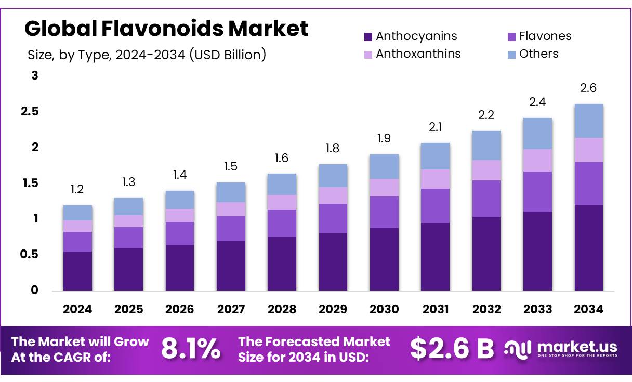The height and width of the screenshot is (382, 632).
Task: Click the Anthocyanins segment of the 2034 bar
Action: pyautogui.click(x=588, y=247)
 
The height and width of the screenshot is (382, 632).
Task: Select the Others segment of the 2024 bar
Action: pyautogui.click(x=77, y=213)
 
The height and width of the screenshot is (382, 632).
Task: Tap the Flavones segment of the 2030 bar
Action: pyautogui.click(x=384, y=212)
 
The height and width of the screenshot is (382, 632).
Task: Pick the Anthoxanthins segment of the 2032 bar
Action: pyautogui.click(x=486, y=170)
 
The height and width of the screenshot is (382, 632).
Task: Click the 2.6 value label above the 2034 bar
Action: pyautogui.click(x=588, y=88)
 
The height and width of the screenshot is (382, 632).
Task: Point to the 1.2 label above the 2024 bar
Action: pyautogui.click(x=77, y=190)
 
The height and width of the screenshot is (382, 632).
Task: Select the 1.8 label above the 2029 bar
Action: pyautogui.click(x=333, y=149)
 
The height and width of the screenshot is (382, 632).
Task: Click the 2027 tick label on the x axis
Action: pyautogui.click(x=231, y=309)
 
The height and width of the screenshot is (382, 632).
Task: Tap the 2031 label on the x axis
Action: pyautogui.click(x=436, y=309)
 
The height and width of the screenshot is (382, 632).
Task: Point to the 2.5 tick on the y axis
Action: pyautogui.click(x=31, y=112)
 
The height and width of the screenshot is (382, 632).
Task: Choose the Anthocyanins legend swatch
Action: pyautogui.click(x=368, y=36)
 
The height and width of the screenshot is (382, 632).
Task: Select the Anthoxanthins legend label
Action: pyautogui.click(x=418, y=54)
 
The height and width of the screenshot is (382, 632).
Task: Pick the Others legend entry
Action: pyautogui.click(x=538, y=54)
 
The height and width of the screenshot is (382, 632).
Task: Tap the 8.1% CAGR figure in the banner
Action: pyautogui.click(x=190, y=349)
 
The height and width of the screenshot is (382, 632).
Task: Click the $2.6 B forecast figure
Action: pyautogui.click(x=452, y=349)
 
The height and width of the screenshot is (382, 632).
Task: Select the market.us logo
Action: pyautogui.click(x=561, y=348)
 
